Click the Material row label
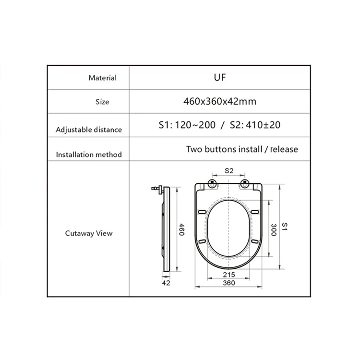coord(102,78)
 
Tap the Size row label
coord(102,102)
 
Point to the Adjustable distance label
coord(89,130)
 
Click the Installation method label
coord(89,155)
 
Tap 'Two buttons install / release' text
coord(242,149)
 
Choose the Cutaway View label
coord(89,233)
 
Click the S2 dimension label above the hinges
coord(229,170)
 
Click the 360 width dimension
coord(229,283)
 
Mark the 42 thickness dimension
coord(167,283)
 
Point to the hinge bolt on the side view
coord(155,189)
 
